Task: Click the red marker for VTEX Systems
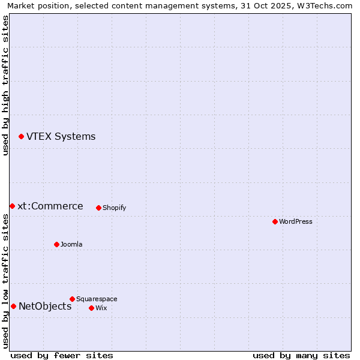21,137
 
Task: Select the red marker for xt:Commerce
12,206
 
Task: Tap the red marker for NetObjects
13,307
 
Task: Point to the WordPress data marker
275,222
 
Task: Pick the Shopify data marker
98,208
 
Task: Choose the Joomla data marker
56,245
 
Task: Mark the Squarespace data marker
72,299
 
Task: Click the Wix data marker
91,308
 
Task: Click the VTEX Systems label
61,137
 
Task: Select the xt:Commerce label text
50,206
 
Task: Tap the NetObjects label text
45,307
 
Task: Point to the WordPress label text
296,222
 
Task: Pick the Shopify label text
114,208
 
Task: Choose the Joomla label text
71,245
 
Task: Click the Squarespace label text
97,299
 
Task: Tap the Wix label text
101,308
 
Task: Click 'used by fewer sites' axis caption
62,355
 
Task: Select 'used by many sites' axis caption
301,355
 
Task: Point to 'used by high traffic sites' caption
6,85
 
